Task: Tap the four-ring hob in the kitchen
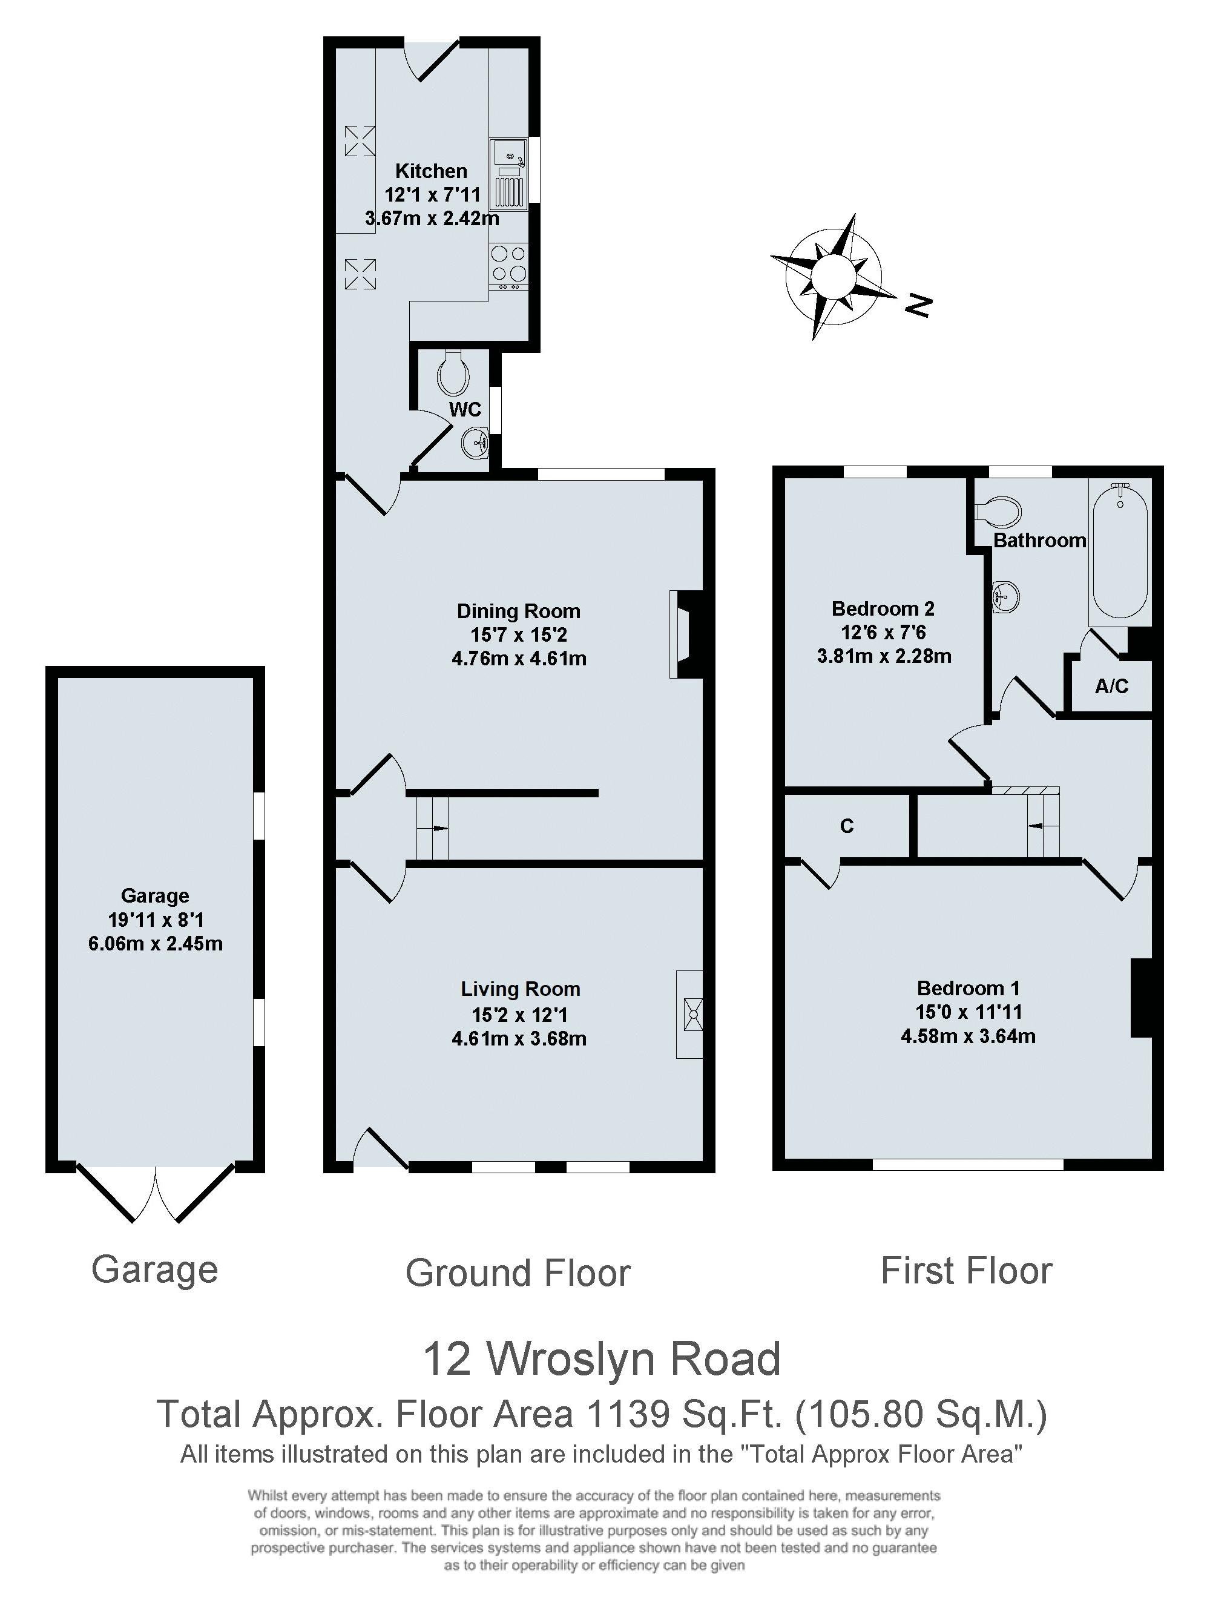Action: click(508, 264)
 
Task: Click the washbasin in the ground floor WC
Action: click(475, 441)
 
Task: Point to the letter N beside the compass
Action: click(918, 305)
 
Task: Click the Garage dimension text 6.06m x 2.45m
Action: click(155, 943)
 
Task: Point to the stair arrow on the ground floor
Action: click(439, 828)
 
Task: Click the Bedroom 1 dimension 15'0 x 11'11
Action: click(968, 1012)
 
